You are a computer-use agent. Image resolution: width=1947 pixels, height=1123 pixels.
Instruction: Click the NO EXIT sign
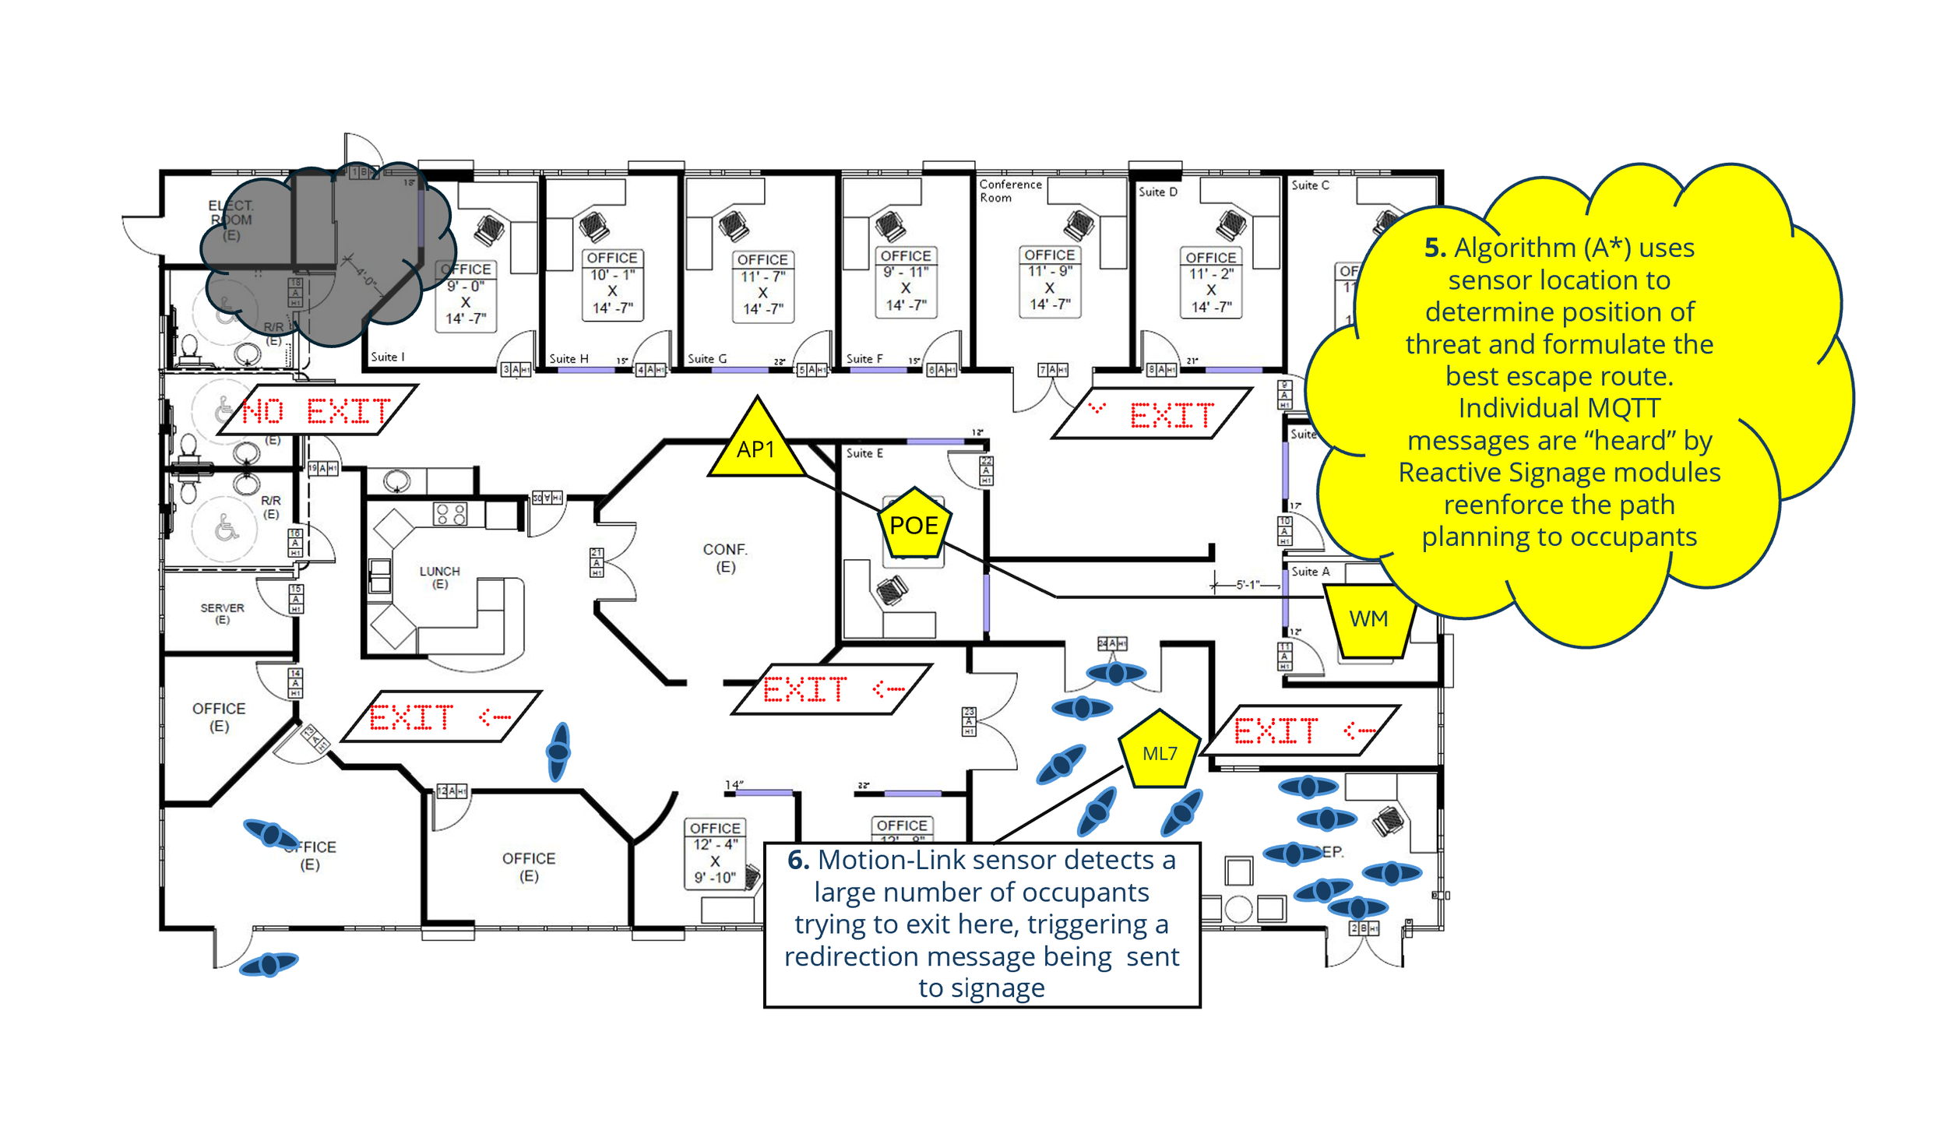[317, 410]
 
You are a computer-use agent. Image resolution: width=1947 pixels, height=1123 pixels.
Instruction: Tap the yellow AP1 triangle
[756, 445]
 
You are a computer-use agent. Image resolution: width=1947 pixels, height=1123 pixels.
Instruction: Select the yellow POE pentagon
[914, 524]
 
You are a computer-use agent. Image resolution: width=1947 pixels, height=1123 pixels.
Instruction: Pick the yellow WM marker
[1368, 619]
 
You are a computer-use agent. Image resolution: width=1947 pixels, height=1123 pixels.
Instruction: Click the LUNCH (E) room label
[439, 577]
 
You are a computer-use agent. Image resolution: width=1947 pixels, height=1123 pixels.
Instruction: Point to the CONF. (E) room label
[724, 558]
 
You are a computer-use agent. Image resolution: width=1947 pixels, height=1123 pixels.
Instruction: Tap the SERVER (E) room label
[222, 613]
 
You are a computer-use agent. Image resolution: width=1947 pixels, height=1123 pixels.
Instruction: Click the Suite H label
[569, 359]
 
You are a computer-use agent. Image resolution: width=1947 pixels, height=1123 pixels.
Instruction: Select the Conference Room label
[1009, 191]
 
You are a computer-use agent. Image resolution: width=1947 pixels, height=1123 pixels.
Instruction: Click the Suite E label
[864, 453]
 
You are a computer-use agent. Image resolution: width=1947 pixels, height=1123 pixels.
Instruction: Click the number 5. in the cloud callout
[1435, 248]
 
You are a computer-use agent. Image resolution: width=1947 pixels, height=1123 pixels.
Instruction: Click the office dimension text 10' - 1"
[612, 275]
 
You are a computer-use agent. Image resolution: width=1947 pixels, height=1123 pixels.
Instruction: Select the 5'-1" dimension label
[1247, 584]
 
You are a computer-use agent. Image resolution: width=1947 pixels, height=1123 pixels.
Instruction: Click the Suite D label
[1157, 192]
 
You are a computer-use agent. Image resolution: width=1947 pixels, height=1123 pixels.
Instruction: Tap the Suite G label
[706, 359]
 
